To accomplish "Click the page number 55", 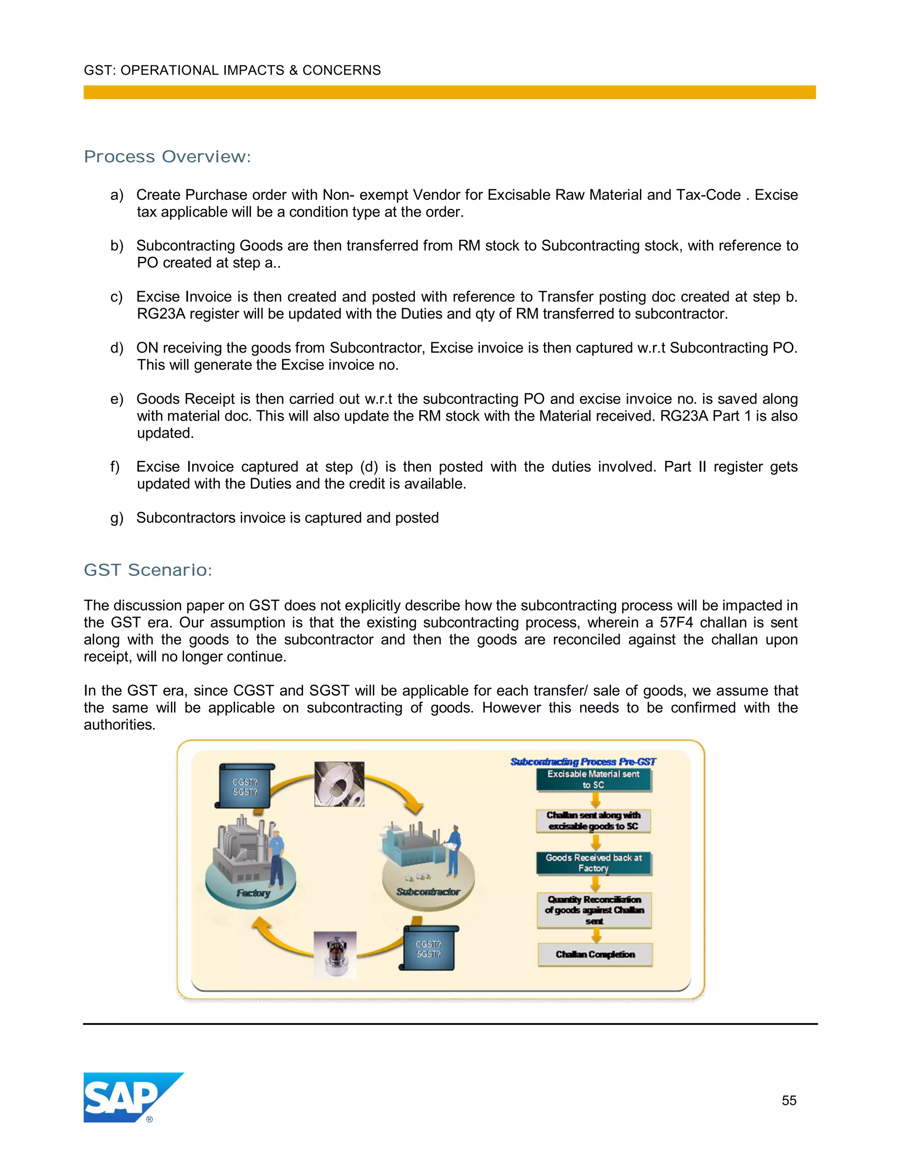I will pyautogui.click(x=789, y=1100).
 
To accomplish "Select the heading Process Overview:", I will pyautogui.click(x=167, y=156).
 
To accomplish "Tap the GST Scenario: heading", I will pyautogui.click(x=148, y=570).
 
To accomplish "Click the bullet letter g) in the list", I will pyautogui.click(x=117, y=518).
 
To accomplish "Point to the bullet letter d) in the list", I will pyautogui.click(x=117, y=348).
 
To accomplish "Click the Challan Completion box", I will pyautogui.click(x=595, y=954).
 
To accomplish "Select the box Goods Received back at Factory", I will pyautogui.click(x=593, y=863).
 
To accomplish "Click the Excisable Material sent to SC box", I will pyautogui.click(x=593, y=779).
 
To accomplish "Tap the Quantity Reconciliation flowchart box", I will pyautogui.click(x=594, y=910).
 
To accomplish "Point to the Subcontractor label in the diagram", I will pyautogui.click(x=428, y=892).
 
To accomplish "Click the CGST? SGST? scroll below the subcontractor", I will pyautogui.click(x=428, y=948).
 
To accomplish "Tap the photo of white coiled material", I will pyautogui.click(x=339, y=784).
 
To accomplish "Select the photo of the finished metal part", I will pyautogui.click(x=335, y=954).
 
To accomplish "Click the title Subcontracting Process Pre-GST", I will pyautogui.click(x=583, y=761).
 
